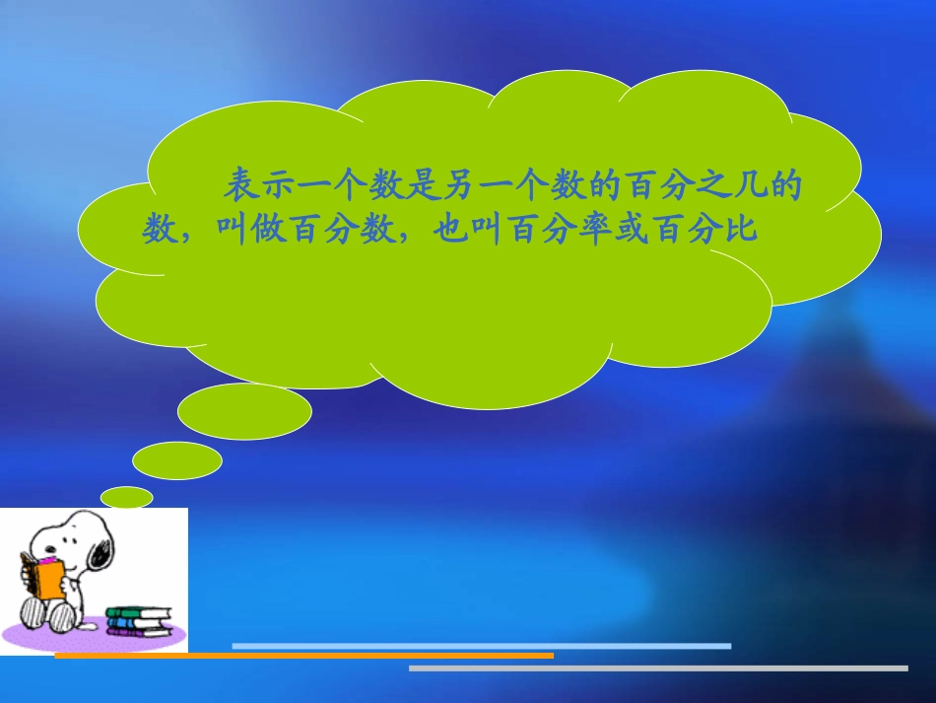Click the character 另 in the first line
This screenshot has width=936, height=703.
tap(477, 184)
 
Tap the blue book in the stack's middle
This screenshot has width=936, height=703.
tap(138, 622)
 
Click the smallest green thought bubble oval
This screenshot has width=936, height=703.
tap(127, 497)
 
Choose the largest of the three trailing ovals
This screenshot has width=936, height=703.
tap(244, 411)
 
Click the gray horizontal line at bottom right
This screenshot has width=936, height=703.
tap(657, 668)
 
